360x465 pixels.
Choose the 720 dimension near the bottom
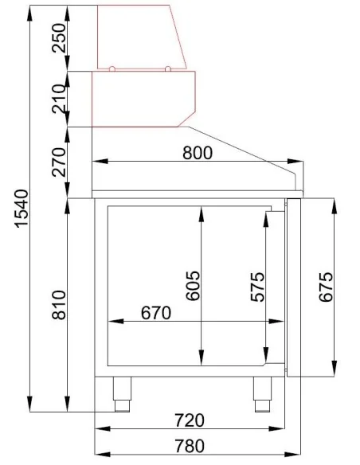tap(190, 420)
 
